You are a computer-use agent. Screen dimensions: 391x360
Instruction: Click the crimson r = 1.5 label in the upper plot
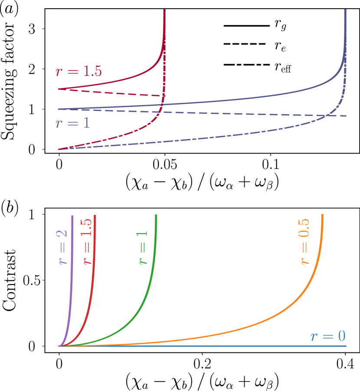pyautogui.click(x=79, y=72)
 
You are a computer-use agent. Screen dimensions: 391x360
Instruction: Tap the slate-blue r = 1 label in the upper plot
pyautogui.click(x=72, y=123)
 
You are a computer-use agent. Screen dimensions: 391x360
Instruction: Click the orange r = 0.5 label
pyautogui.click(x=304, y=241)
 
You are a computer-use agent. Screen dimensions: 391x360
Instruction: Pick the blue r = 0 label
pyautogui.click(x=328, y=336)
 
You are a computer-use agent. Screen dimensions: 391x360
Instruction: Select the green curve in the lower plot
pyautogui.click(x=143, y=304)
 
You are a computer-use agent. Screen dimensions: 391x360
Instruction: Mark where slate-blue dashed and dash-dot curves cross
pyautogui.click(x=327, y=115)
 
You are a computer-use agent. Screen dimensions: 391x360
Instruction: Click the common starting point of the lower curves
pyautogui.click(x=59, y=346)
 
